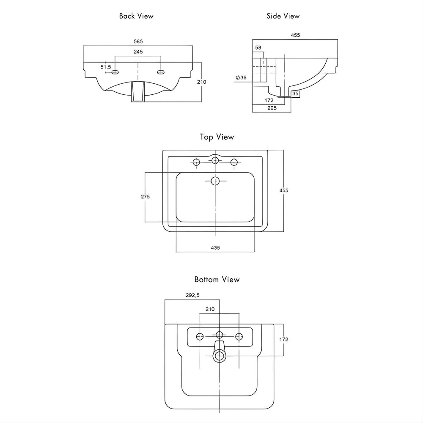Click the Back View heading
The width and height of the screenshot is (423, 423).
tap(136, 16)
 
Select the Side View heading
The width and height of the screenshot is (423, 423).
tap(283, 16)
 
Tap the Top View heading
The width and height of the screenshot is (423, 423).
tap(217, 137)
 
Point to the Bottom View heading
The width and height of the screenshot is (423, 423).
tap(217, 279)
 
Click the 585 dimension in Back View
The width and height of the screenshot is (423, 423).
tap(138, 41)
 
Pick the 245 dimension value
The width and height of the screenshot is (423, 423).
tap(138, 52)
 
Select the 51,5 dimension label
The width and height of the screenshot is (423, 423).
tap(106, 67)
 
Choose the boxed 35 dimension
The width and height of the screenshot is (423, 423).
tap(295, 93)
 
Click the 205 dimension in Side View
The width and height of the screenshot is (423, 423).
tap(272, 108)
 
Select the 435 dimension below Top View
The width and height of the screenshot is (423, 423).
tap(215, 247)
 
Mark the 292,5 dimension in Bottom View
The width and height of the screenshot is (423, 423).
tap(192, 296)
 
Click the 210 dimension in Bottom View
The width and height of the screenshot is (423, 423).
tap(210, 309)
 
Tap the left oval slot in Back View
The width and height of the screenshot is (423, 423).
tap(115, 72)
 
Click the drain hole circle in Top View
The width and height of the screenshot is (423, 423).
tap(215, 181)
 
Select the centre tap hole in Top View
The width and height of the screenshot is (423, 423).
tap(215, 160)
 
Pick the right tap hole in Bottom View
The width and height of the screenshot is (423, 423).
tap(239, 336)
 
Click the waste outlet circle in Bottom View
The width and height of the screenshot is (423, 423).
tap(219, 356)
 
